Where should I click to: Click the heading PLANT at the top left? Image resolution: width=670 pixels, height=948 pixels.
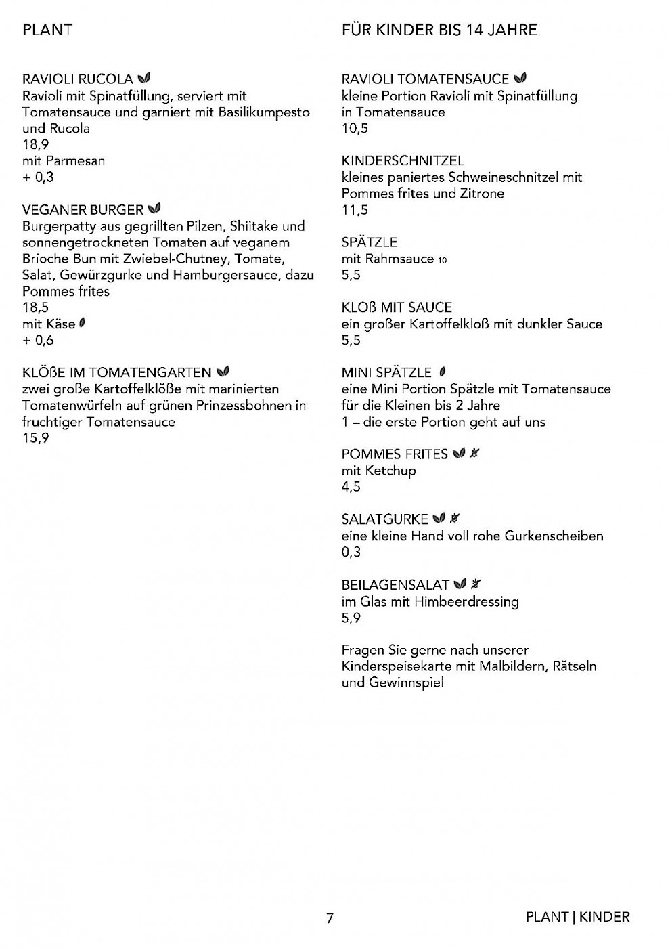coord(47,30)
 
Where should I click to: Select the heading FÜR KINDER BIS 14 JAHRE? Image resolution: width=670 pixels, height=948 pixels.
coord(439,30)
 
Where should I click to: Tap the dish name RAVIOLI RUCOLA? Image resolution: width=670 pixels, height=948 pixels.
coord(77,79)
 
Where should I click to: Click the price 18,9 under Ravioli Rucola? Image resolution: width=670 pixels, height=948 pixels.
coord(36,144)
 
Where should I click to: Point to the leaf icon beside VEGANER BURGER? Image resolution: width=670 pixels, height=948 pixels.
coord(154,209)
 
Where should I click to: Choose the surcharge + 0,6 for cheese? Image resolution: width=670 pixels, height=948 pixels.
coord(38,340)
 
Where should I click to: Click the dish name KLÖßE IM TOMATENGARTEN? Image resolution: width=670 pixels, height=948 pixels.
coord(117,372)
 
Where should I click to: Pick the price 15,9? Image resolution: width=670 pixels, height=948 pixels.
coord(36,438)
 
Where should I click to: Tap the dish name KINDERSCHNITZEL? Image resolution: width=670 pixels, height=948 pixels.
coord(403,160)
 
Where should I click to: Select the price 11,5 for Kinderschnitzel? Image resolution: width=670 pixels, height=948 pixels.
coord(355,210)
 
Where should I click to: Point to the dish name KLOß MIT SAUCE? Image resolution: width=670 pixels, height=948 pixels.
coord(397,307)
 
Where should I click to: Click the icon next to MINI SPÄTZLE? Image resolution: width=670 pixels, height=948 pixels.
coord(442,372)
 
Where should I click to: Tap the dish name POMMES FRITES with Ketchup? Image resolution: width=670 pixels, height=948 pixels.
coord(395,454)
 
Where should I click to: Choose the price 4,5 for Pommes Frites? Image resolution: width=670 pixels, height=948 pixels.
coord(351,487)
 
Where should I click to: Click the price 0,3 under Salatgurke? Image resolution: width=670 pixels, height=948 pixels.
coord(351,552)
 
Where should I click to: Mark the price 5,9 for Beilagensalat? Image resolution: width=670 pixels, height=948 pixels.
coord(351,618)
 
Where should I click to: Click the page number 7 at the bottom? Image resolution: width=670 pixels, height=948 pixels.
coord(330,918)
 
